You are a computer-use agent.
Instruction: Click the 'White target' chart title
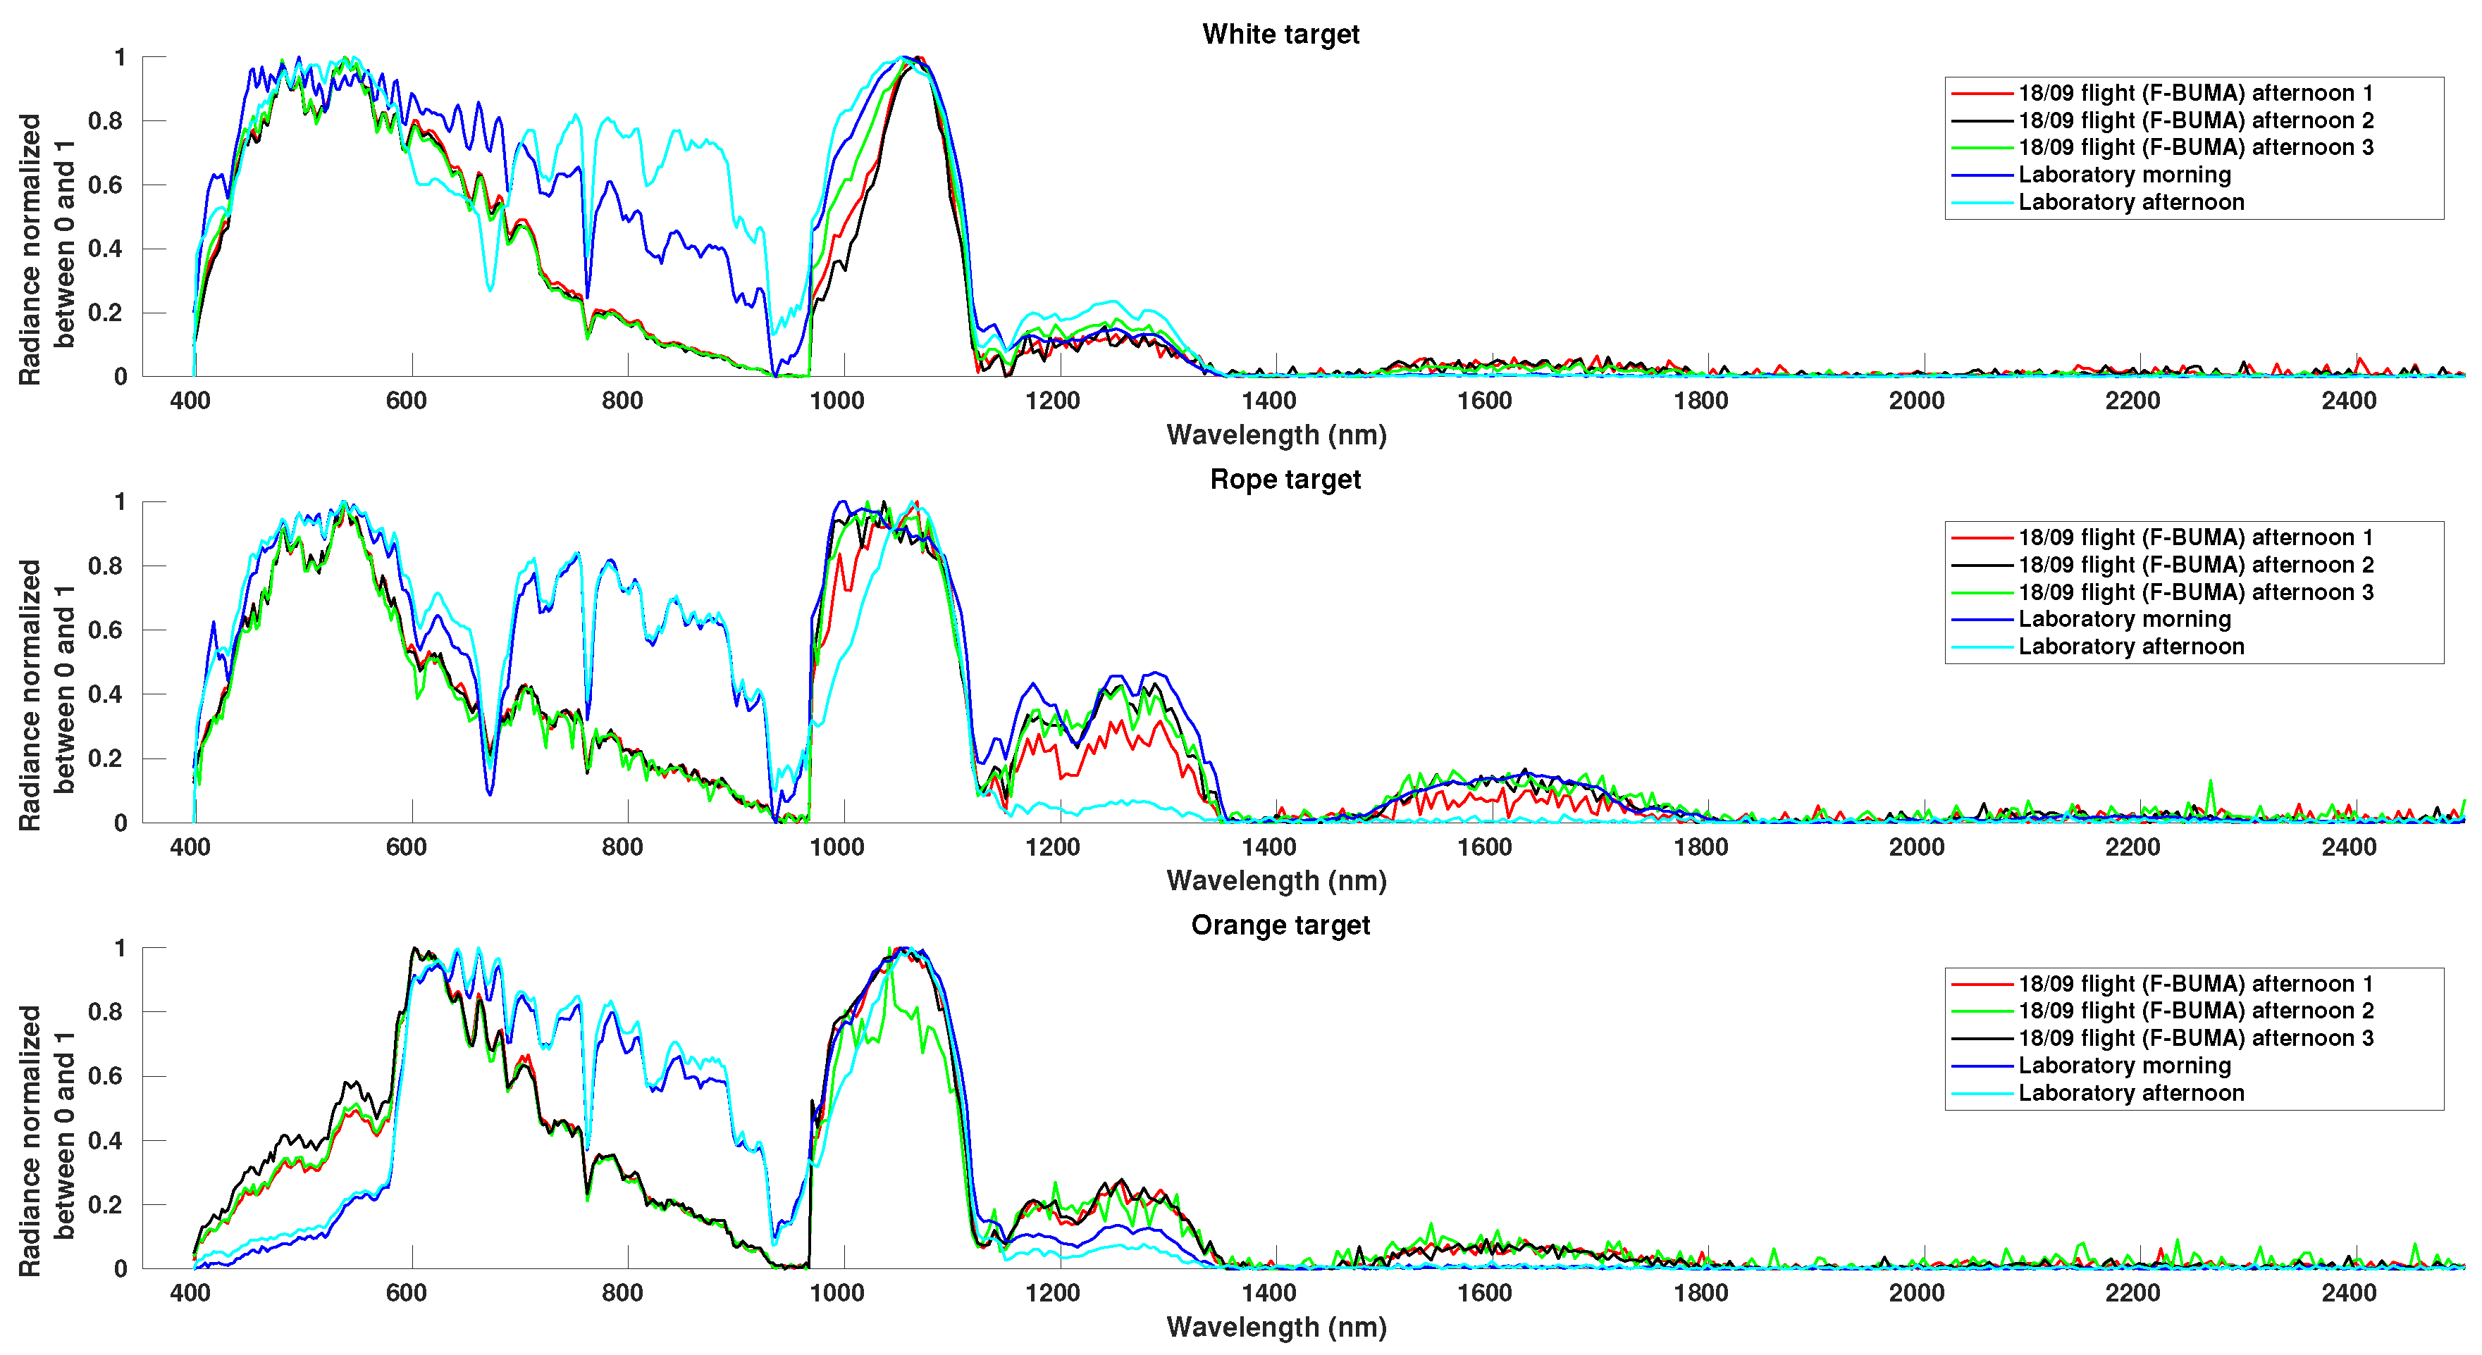pos(1280,35)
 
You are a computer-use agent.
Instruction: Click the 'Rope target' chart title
pos(1285,480)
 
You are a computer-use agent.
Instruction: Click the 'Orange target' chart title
pos(1280,925)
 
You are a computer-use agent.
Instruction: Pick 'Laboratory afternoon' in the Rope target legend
pos(2130,647)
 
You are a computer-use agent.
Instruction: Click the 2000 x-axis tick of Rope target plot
pos(1915,847)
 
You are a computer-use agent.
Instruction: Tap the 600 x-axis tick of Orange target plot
pos(406,1293)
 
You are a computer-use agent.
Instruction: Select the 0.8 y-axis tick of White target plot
pos(106,121)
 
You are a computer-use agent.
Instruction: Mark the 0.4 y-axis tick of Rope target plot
pos(106,694)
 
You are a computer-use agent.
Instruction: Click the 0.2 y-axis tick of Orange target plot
pos(106,1205)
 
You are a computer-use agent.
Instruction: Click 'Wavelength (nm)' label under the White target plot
pos(1276,435)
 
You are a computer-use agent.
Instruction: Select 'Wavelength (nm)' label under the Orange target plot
pos(1276,1327)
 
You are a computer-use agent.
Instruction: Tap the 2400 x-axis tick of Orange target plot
pos(2348,1293)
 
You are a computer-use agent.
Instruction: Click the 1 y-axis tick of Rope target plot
pos(120,503)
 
